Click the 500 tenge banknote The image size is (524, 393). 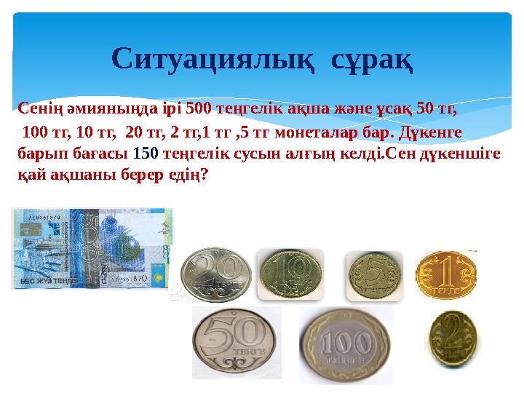click(x=92, y=248)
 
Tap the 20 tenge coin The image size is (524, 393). click(x=216, y=275)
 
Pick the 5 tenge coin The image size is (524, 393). click(x=373, y=276)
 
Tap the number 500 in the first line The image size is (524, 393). click(x=199, y=110)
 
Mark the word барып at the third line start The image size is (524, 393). click(x=37, y=155)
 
